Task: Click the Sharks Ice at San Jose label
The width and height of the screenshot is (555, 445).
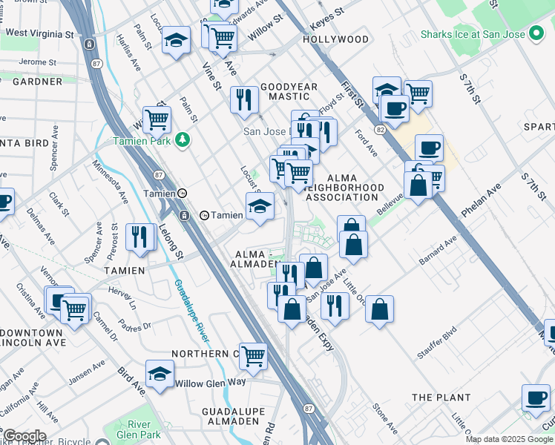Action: pos(472,34)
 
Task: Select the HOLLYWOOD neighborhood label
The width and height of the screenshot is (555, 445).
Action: pos(335,39)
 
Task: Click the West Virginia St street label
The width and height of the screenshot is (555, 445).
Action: pos(39,34)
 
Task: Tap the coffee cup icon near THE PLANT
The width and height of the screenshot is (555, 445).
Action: pos(535,398)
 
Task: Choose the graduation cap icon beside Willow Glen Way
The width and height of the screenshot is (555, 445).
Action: pos(159,374)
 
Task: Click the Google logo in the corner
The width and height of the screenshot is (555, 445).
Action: pos(24,436)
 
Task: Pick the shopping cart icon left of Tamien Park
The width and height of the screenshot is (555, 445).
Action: pos(157,119)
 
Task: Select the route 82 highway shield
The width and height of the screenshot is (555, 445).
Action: pos(381,129)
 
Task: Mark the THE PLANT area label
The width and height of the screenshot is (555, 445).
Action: pos(442,398)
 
